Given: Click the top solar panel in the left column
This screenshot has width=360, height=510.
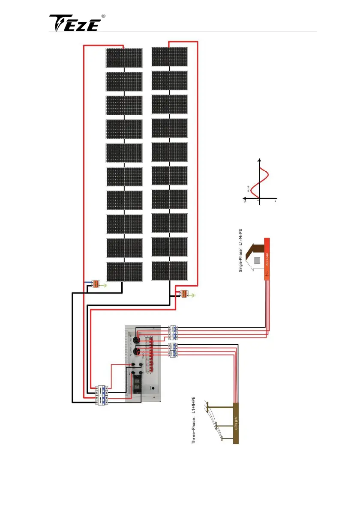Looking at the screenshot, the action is tap(124, 57).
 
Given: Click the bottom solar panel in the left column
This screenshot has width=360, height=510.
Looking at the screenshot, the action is tap(124, 271).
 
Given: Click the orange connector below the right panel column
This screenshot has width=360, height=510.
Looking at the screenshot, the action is tap(185, 294).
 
